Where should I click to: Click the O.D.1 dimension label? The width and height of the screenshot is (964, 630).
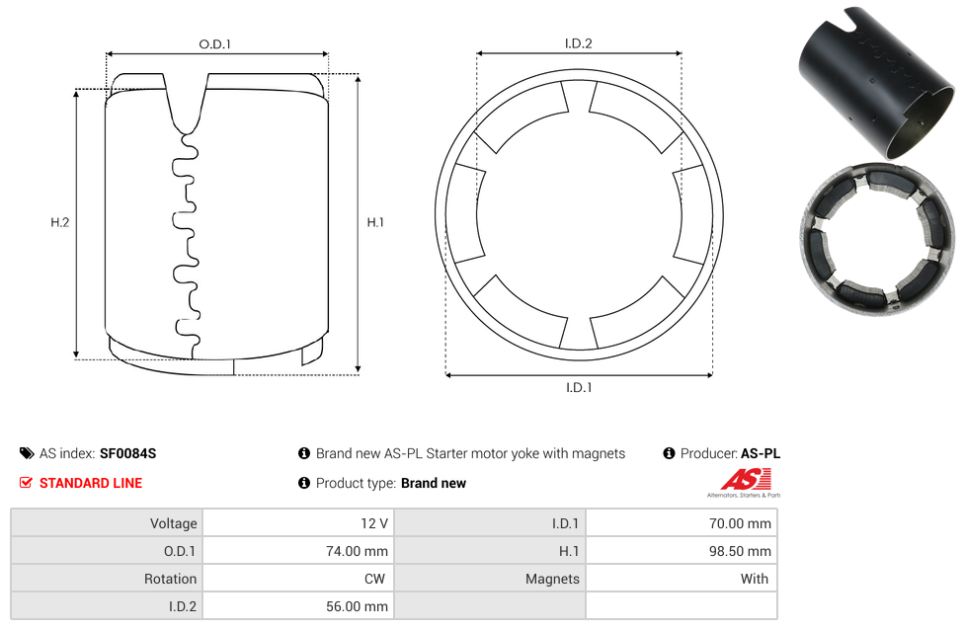click(214, 44)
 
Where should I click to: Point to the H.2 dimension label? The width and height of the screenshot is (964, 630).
click(59, 222)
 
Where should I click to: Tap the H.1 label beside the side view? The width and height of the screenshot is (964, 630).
click(375, 222)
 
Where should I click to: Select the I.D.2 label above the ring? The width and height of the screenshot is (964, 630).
click(578, 43)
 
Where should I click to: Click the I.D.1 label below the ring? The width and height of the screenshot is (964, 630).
click(579, 387)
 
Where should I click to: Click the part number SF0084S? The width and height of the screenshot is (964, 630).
click(127, 453)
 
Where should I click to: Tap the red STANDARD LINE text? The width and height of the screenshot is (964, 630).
click(91, 483)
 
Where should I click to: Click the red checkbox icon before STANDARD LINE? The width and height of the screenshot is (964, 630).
click(26, 483)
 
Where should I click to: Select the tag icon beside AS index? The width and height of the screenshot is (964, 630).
click(27, 453)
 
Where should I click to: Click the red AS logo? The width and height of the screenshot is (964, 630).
click(746, 479)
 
